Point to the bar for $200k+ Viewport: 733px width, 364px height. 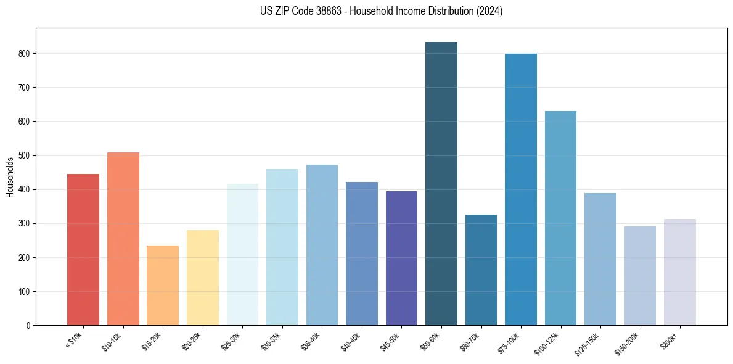coord(680,272)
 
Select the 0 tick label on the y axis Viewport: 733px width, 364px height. coord(28,325)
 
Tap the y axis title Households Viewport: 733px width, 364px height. coord(10,177)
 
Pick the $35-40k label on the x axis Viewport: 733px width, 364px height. coord(313,341)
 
